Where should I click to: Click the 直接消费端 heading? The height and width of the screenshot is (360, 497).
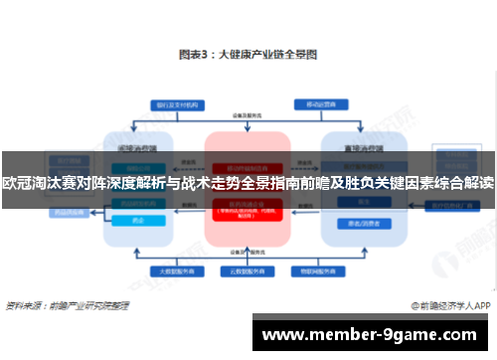coord(359,144)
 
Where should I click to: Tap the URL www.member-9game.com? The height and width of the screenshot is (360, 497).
coord(373,335)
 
